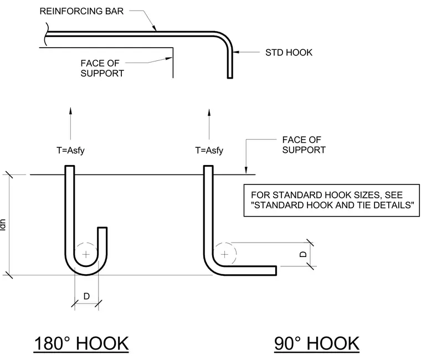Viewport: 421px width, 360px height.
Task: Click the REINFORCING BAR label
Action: pos(81,11)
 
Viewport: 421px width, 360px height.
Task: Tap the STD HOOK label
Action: pos(289,53)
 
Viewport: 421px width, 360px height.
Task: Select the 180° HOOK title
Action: pos(81,343)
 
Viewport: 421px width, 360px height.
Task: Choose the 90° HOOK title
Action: pos(317,343)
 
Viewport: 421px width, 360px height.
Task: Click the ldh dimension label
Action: pos(3,225)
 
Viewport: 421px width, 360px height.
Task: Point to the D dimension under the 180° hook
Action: pos(86,296)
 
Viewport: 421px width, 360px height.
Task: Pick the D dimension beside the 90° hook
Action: pos(303,254)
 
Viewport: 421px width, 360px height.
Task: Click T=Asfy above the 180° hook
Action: pos(70,150)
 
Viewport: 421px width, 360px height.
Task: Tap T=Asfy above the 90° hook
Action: pos(209,150)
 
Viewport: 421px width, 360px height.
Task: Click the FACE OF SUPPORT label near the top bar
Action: pos(102,68)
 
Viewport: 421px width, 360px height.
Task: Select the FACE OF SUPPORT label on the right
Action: pos(304,145)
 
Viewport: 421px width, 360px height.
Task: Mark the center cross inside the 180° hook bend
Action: pos(86,254)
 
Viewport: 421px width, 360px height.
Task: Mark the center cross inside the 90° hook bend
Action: pos(225,254)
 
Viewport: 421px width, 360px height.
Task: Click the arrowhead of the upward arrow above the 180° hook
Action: pos(70,111)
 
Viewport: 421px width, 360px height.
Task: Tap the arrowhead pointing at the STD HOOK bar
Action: pos(236,52)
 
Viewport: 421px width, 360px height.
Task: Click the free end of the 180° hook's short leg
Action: pos(102,228)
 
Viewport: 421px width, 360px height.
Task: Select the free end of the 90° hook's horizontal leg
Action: pos(276,271)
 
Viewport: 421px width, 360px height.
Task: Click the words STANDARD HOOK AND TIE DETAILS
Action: pos(333,205)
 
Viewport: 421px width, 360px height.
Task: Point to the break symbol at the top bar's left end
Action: pos(47,34)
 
